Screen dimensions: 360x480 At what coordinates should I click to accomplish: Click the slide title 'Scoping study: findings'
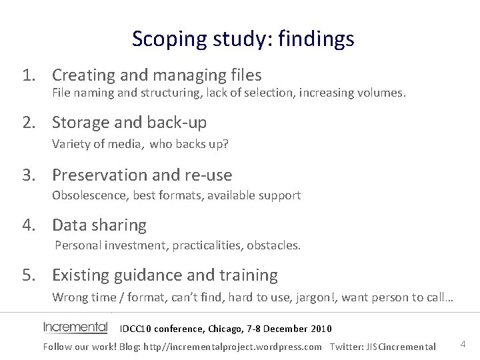(x=243, y=39)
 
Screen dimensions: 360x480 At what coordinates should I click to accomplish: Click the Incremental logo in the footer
(x=75, y=327)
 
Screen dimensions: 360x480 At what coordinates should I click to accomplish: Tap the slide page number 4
(x=463, y=344)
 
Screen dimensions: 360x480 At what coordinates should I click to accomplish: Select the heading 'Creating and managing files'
(x=157, y=75)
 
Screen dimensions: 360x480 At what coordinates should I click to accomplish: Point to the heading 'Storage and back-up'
(x=129, y=123)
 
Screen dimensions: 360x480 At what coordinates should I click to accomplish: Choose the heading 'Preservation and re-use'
(x=142, y=175)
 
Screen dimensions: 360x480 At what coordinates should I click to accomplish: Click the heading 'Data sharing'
(x=99, y=225)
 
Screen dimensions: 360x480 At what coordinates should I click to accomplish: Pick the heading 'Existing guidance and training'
(x=165, y=275)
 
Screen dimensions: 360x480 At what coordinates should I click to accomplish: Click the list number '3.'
(x=29, y=175)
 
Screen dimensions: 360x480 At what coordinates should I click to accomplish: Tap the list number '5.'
(x=29, y=275)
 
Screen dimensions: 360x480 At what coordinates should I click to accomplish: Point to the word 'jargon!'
(x=319, y=297)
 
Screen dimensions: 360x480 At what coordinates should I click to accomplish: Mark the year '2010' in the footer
(x=320, y=329)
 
